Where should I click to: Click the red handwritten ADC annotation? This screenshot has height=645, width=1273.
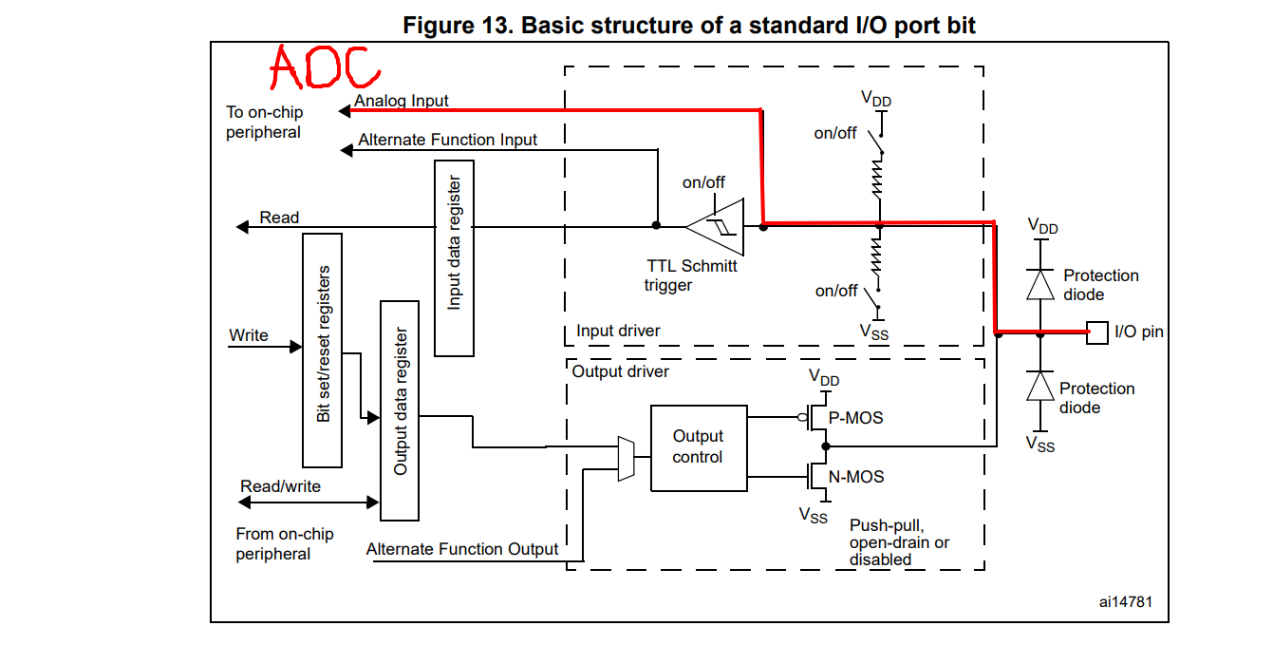point(324,67)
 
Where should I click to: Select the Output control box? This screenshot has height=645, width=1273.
point(698,448)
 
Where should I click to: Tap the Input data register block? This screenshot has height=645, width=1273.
point(454,257)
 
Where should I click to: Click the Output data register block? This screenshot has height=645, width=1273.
point(400,410)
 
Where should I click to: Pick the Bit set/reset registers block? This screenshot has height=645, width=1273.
point(322,351)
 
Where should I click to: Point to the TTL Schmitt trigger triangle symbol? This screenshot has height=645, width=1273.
point(716,226)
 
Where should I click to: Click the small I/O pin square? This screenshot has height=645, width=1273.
point(1096,332)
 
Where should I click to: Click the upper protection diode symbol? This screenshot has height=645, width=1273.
point(1041,284)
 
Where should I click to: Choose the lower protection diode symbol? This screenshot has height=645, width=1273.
point(1041,387)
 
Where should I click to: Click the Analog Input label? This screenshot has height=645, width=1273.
point(402,101)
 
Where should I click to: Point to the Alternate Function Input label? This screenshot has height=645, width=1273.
point(447,140)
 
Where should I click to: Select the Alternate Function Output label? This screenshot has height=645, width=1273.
point(462,549)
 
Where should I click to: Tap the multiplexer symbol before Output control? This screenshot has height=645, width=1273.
point(626,459)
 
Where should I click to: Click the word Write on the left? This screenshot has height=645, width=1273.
point(249,335)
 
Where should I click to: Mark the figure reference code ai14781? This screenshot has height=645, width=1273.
point(1127,602)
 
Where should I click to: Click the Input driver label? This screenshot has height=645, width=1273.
point(618,331)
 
